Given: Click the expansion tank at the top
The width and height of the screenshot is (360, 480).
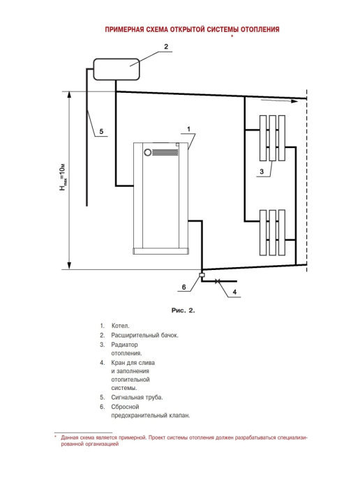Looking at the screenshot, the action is click(x=117, y=69).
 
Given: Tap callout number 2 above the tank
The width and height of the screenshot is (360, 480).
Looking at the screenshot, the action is click(x=166, y=47).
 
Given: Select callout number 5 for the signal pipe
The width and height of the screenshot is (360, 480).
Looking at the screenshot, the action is click(x=101, y=132).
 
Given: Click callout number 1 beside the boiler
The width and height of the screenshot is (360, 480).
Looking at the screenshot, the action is click(x=188, y=129).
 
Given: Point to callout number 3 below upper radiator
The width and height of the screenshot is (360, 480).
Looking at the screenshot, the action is click(x=262, y=172).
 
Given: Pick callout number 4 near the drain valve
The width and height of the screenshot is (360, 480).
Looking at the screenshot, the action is click(x=234, y=292).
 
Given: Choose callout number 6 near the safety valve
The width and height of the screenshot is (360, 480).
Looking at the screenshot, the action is click(x=183, y=287).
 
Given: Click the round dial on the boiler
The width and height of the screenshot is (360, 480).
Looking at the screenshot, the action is click(x=148, y=152).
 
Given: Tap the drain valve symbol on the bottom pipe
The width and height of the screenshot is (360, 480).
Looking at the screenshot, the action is click(x=218, y=281).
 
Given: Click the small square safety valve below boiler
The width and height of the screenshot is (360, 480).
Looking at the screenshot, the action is click(x=202, y=275).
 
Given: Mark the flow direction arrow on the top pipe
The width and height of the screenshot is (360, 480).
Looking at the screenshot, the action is click(x=279, y=100).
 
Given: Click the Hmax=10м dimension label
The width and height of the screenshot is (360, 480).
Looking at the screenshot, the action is click(x=63, y=177).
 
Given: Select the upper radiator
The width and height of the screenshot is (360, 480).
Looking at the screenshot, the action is click(x=273, y=138).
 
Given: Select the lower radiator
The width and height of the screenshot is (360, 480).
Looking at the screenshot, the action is click(x=273, y=232).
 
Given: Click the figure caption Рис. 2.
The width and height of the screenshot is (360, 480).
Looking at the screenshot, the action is click(x=183, y=310).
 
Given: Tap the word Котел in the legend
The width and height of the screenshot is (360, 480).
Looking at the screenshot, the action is click(x=120, y=326).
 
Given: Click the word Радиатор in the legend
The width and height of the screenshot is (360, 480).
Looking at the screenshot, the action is click(x=124, y=345).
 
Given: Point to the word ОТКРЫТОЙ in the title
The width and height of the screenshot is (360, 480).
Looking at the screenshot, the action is click(x=187, y=29).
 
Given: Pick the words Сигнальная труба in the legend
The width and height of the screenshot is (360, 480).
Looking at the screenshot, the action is click(x=137, y=398).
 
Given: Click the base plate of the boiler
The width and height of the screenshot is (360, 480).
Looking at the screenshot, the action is click(x=160, y=251).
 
